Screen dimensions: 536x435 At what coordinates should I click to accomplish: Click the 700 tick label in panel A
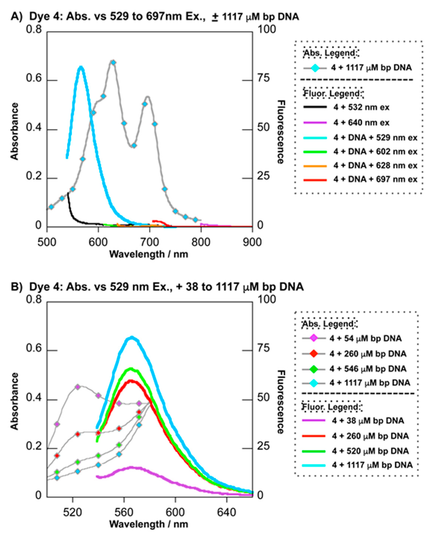coord(149,242)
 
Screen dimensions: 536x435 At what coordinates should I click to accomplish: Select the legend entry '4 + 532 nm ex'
coord(361,107)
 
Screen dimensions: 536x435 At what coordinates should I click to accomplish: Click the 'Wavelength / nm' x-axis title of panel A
coord(149,254)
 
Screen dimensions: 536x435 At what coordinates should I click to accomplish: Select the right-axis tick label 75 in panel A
coord(263,78)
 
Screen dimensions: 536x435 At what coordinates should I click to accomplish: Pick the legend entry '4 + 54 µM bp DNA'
coord(365,338)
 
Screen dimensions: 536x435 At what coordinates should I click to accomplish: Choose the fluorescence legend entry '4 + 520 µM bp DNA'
coord(370,451)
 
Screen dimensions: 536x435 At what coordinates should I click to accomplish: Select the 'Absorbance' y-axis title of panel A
coord(15,131)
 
